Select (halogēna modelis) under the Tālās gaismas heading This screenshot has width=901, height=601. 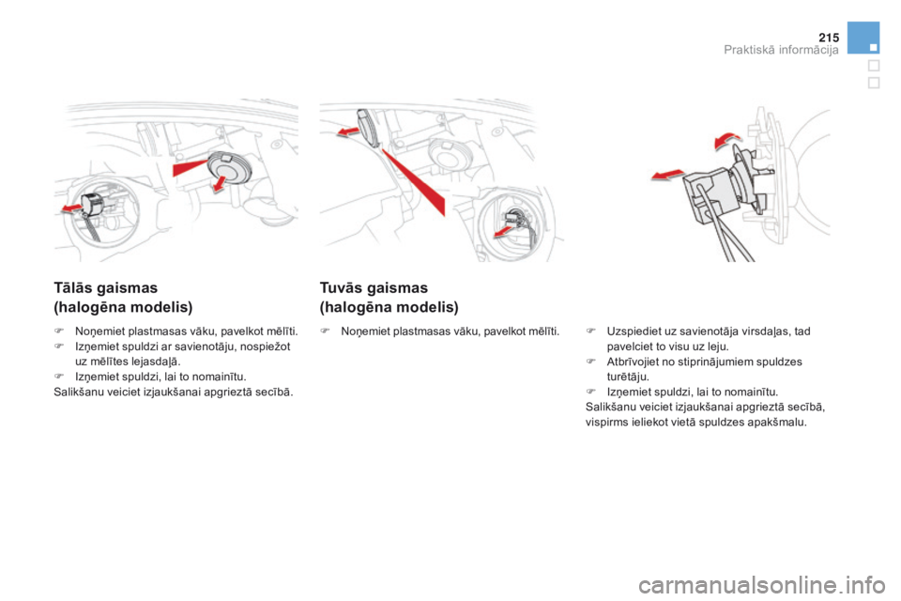coord(123,307)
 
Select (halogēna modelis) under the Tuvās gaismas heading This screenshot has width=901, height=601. coord(389,307)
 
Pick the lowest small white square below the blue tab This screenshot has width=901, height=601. coord(873,82)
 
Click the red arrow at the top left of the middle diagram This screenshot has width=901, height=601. coord(349,132)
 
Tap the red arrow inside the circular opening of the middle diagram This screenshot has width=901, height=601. coord(507,226)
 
